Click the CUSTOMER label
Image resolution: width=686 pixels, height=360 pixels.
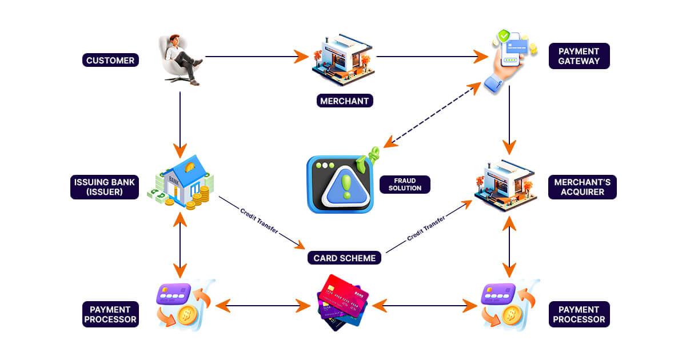(110, 60)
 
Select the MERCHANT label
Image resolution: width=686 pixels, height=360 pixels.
(345, 101)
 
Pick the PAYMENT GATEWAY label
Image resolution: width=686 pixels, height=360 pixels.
(579, 56)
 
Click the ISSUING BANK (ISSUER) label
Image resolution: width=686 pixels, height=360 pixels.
(105, 187)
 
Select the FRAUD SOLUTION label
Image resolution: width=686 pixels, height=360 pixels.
(405, 184)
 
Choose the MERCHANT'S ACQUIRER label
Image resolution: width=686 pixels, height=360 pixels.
(582, 187)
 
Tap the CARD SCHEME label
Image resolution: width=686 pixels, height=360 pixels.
(345, 258)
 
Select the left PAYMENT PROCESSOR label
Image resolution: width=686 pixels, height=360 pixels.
(110, 314)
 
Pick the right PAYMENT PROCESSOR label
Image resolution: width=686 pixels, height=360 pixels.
(579, 314)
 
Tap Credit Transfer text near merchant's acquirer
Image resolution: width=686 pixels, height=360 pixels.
(426, 227)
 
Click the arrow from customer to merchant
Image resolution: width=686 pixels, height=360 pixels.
(252, 57)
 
